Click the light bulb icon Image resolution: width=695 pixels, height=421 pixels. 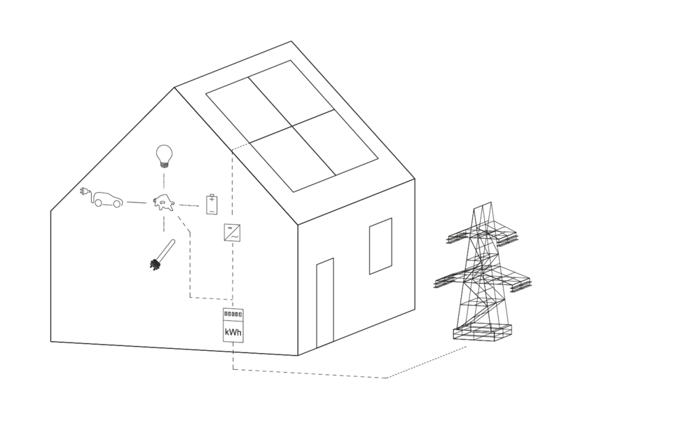click(x=163, y=156)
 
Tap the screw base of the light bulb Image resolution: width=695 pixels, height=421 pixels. click(x=164, y=165)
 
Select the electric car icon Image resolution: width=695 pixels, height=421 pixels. click(x=102, y=198)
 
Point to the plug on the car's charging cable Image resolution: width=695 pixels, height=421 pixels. click(x=83, y=191)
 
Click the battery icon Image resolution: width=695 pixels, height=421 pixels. click(x=212, y=205)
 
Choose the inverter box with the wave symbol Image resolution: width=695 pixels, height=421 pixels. click(x=233, y=232)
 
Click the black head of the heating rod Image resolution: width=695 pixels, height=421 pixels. click(x=154, y=264)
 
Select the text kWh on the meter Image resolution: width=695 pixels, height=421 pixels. click(x=233, y=332)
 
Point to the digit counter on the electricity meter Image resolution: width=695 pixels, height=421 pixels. click(x=233, y=315)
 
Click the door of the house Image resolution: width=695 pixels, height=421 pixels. click(x=325, y=303)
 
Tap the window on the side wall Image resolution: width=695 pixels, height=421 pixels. click(x=380, y=246)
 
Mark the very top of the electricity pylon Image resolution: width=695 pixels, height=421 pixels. click(x=487, y=203)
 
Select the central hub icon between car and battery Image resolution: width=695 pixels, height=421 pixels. click(x=163, y=202)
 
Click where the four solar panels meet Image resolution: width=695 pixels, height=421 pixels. click(x=293, y=126)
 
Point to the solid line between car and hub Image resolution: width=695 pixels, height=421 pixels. click(x=137, y=202)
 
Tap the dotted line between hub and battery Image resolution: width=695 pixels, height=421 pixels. click(x=188, y=205)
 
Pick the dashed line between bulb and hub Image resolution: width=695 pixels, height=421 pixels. click(x=164, y=181)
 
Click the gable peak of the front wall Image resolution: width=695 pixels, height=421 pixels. click(x=174, y=88)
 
